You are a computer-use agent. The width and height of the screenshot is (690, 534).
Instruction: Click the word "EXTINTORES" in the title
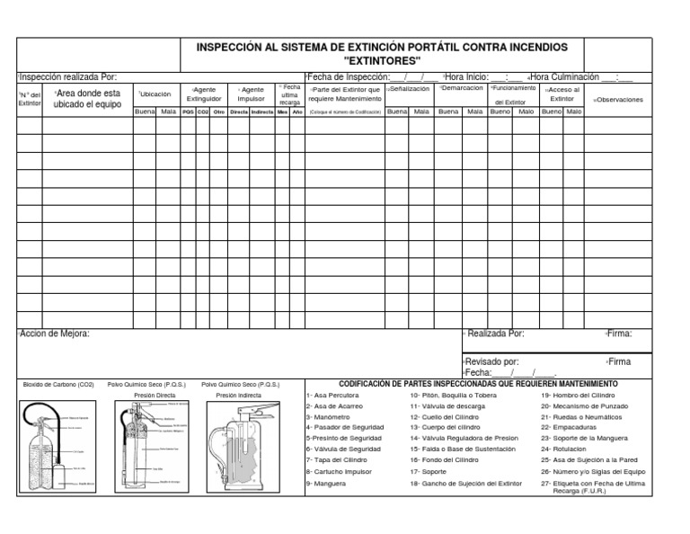[382, 59]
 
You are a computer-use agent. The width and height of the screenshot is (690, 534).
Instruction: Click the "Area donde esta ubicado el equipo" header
[87, 98]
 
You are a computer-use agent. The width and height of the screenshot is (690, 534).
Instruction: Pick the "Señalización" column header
[408, 89]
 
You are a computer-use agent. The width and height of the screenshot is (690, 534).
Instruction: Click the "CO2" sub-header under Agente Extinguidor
[202, 112]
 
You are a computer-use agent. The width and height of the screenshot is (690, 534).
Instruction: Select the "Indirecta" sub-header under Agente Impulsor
[262, 112]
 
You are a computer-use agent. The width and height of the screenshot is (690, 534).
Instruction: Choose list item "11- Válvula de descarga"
[447, 406]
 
